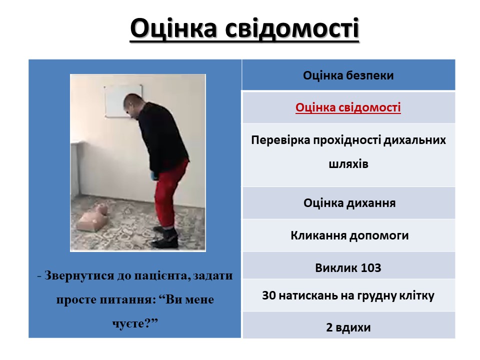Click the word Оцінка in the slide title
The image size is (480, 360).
173,28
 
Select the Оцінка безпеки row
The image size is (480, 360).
348,75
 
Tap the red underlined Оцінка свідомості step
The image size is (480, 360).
348,107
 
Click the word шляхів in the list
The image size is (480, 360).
348,164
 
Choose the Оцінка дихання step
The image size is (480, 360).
349,203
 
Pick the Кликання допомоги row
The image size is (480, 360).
349,235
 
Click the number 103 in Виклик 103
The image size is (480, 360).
371,268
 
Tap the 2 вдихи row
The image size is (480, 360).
348,327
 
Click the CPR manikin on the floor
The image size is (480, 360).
93,217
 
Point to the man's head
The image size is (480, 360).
134,105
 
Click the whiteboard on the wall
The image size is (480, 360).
123,101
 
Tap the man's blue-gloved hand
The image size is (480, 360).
153,175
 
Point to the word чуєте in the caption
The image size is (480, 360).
127,323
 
